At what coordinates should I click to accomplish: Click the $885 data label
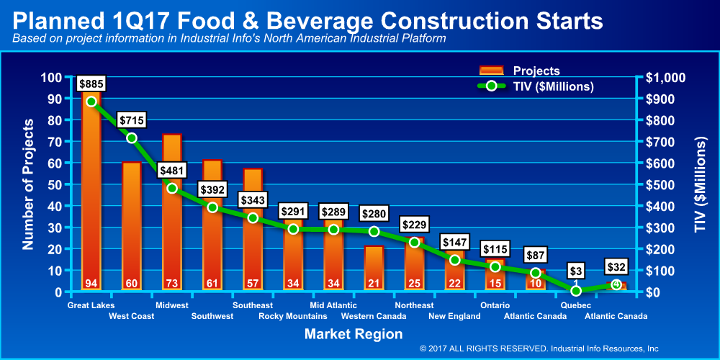pyautogui.click(x=91, y=84)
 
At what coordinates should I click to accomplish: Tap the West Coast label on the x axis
pyautogui.click(x=131, y=316)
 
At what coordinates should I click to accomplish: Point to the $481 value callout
pyautogui.click(x=171, y=171)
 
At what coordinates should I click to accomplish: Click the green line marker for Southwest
pyautogui.click(x=212, y=207)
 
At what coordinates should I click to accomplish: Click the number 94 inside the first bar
pyautogui.click(x=91, y=282)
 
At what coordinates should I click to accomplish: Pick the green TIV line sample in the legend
pyautogui.click(x=492, y=86)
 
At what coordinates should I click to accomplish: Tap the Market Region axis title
pyautogui.click(x=354, y=334)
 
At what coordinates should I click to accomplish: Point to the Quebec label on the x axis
pyautogui.click(x=576, y=305)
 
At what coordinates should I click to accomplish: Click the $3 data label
pyautogui.click(x=575, y=271)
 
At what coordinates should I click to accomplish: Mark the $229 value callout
pyautogui.click(x=414, y=224)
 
